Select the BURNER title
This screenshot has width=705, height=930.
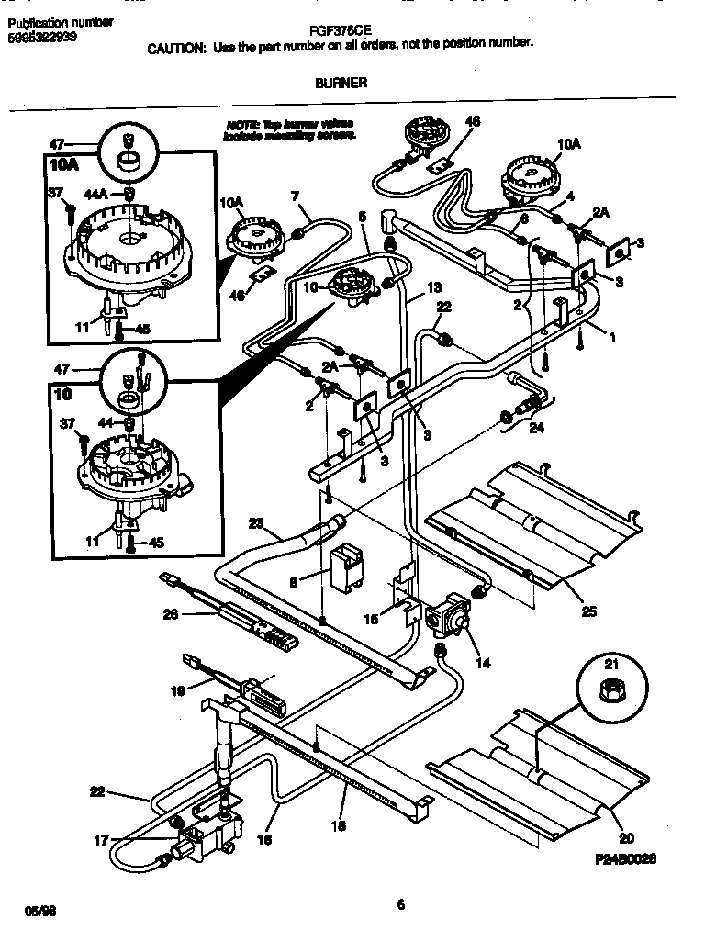[341, 82]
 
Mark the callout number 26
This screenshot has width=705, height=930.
[170, 614]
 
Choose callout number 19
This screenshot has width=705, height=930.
[179, 689]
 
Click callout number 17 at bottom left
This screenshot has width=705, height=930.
[101, 838]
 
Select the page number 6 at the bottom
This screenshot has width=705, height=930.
[400, 903]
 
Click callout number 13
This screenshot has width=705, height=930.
[433, 286]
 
